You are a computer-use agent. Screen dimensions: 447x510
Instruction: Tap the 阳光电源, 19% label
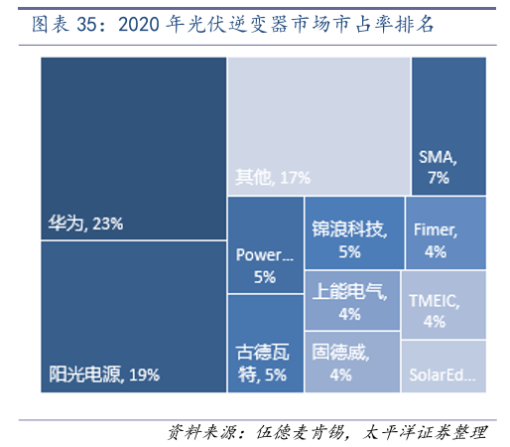(103, 374)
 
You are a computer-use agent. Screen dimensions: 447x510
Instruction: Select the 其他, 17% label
(273, 177)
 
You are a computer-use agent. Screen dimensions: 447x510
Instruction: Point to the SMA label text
(437, 157)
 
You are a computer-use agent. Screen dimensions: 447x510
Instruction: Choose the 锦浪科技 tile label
(347, 229)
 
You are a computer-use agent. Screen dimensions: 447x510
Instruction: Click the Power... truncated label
(264, 255)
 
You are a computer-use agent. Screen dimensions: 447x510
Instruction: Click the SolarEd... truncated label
(443, 377)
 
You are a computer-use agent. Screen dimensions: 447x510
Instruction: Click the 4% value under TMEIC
(434, 321)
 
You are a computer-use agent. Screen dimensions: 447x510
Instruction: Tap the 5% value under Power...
(264, 277)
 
